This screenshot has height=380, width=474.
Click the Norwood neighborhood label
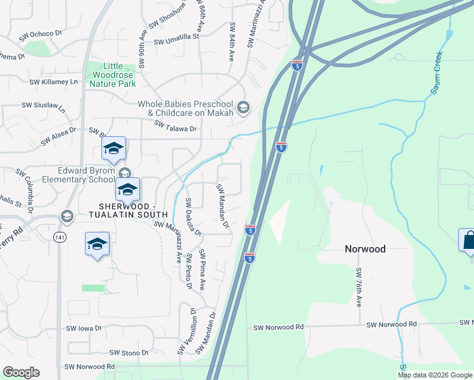[365, 249]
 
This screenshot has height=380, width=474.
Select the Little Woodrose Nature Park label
[112, 74]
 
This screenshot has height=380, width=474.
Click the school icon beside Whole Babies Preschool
[242, 108]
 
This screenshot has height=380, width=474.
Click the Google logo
[21, 372]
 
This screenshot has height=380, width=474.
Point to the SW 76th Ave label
[359, 288]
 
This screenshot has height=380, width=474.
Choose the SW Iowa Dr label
[84, 328]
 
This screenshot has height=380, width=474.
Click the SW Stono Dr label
[129, 353]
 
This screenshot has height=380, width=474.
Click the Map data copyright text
[435, 375]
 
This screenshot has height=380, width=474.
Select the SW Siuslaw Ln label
[44, 106]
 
